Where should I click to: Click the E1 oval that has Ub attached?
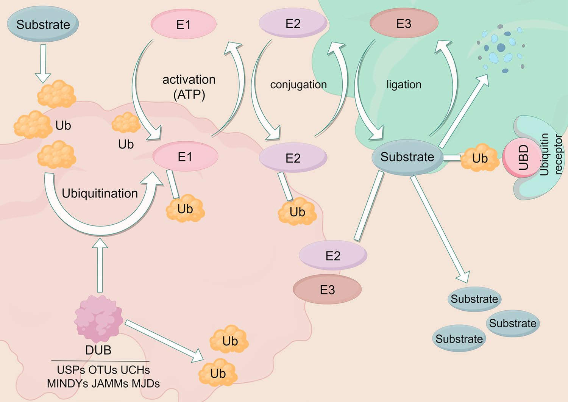[185, 157]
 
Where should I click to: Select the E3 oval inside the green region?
[404, 23]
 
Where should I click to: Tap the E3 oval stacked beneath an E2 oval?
[327, 290]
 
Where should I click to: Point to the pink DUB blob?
[98, 319]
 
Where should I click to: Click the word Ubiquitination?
[100, 193]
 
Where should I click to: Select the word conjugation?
[298, 84]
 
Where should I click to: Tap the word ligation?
[404, 84]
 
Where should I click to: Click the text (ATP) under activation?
[189, 94]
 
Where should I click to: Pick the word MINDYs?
[67, 383]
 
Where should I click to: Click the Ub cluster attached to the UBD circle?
[480, 158]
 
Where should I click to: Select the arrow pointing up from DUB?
[100, 265]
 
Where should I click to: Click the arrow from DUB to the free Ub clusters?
[165, 341]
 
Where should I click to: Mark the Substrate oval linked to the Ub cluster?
[407, 157]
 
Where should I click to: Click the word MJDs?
[145, 383]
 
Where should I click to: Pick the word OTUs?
[103, 370]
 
